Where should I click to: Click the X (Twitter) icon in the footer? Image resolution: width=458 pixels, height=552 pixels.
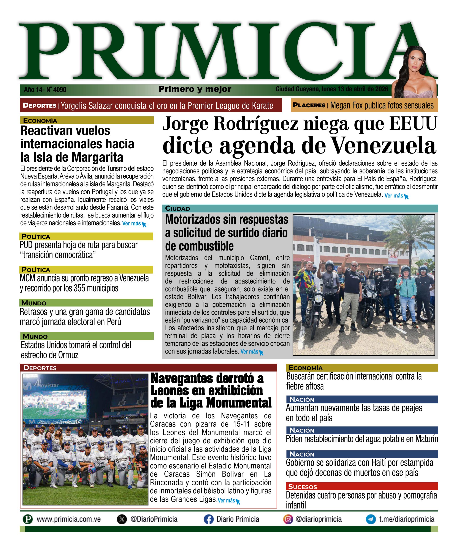[x=122, y=519]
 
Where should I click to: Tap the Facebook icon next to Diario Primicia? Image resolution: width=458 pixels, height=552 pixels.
[x=208, y=519]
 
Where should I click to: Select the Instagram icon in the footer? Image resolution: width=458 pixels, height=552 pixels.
[x=288, y=519]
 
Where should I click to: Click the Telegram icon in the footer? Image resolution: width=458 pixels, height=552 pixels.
[x=371, y=519]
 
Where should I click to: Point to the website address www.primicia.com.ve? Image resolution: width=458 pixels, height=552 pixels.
[x=68, y=519]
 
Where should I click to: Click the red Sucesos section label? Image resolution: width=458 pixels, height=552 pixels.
[x=303, y=486]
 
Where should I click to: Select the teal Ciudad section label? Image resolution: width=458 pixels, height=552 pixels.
[x=177, y=209]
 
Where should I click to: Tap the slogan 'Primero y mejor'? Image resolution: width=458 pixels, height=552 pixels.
[x=195, y=89]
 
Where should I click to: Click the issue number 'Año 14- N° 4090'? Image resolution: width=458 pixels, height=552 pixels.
[x=45, y=90]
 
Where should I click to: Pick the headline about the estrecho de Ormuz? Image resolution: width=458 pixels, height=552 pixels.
[x=76, y=350]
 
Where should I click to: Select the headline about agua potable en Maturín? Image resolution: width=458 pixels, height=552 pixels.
[x=362, y=439]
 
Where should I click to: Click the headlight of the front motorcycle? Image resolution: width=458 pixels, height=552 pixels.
[x=319, y=299]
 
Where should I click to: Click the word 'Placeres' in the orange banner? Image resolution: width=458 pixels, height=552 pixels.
[x=309, y=105]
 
